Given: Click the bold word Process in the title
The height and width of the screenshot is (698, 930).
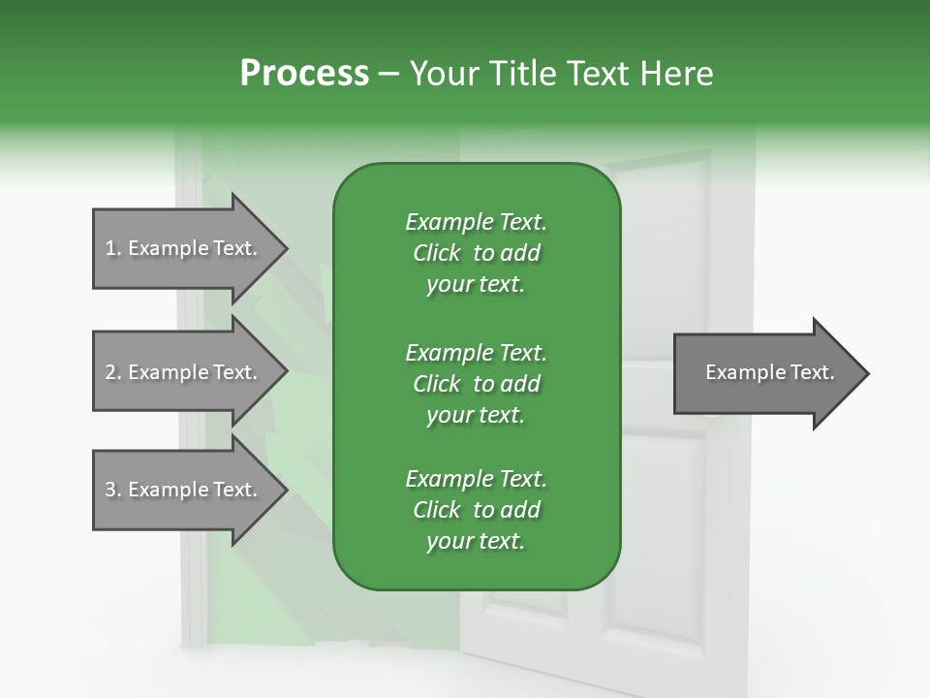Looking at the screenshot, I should point(304,74).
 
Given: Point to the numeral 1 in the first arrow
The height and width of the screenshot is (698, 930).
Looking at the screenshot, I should point(109,248).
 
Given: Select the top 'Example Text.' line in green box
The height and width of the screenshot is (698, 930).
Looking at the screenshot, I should point(476,222).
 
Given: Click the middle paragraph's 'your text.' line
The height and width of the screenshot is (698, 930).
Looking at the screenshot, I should point(476,415).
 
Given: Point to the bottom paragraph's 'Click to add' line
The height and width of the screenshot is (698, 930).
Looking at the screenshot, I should point(476,510).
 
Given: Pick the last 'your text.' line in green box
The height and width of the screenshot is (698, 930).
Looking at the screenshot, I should point(476,542).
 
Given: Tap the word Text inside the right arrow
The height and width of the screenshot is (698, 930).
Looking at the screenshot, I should point(812,372).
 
